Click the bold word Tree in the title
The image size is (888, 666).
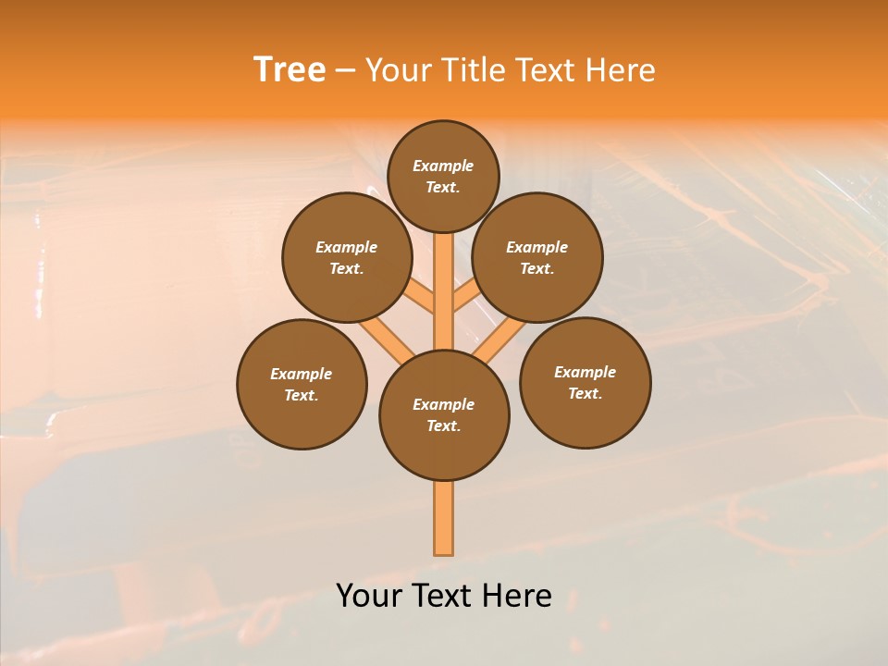(x=290, y=70)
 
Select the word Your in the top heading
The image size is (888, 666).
(x=397, y=70)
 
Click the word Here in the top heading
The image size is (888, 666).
(x=620, y=70)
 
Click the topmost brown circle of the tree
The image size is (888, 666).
(x=443, y=176)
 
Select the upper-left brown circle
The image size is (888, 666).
(x=346, y=257)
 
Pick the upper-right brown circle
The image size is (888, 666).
(x=537, y=257)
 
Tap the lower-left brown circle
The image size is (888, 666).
(x=302, y=384)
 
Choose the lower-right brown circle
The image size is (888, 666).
(x=586, y=382)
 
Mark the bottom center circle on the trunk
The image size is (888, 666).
(x=444, y=415)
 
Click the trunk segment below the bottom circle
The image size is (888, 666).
(x=444, y=518)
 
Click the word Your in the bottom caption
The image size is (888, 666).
(x=367, y=595)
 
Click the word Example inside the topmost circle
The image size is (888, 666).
(x=443, y=166)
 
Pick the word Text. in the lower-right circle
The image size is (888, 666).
(x=586, y=393)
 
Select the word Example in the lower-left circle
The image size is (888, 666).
(x=302, y=374)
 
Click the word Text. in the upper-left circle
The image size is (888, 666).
(x=346, y=268)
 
